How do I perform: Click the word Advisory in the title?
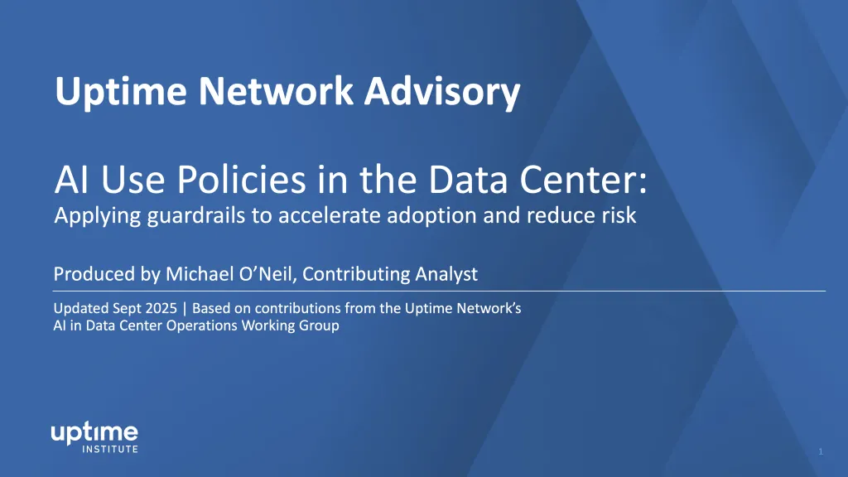pyautogui.click(x=442, y=91)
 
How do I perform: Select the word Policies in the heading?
pyautogui.click(x=241, y=180)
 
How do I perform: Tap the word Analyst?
pyautogui.click(x=446, y=274)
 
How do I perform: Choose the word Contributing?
pyautogui.click(x=356, y=274)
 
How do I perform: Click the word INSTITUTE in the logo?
pyautogui.click(x=110, y=449)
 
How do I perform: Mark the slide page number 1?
pyautogui.click(x=821, y=451)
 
